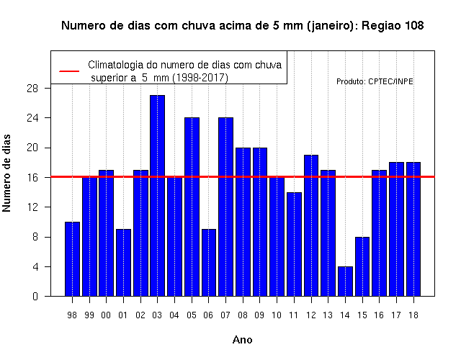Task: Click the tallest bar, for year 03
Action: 157,195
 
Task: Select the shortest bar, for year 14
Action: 345,282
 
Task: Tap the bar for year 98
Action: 72,259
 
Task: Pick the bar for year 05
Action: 192,207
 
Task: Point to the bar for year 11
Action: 294,244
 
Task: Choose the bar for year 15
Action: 362,266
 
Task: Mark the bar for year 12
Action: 311,225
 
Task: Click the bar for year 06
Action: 209,262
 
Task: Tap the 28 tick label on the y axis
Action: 32,88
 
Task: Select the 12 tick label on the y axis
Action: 32,207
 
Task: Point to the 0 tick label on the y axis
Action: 35,296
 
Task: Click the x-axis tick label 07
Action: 225,315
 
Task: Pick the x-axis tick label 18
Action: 413,315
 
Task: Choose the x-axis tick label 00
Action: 106,315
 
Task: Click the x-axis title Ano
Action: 243,340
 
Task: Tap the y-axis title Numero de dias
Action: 6,173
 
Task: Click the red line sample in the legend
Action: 69,71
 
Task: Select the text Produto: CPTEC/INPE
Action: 375,81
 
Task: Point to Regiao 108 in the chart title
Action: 393,26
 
